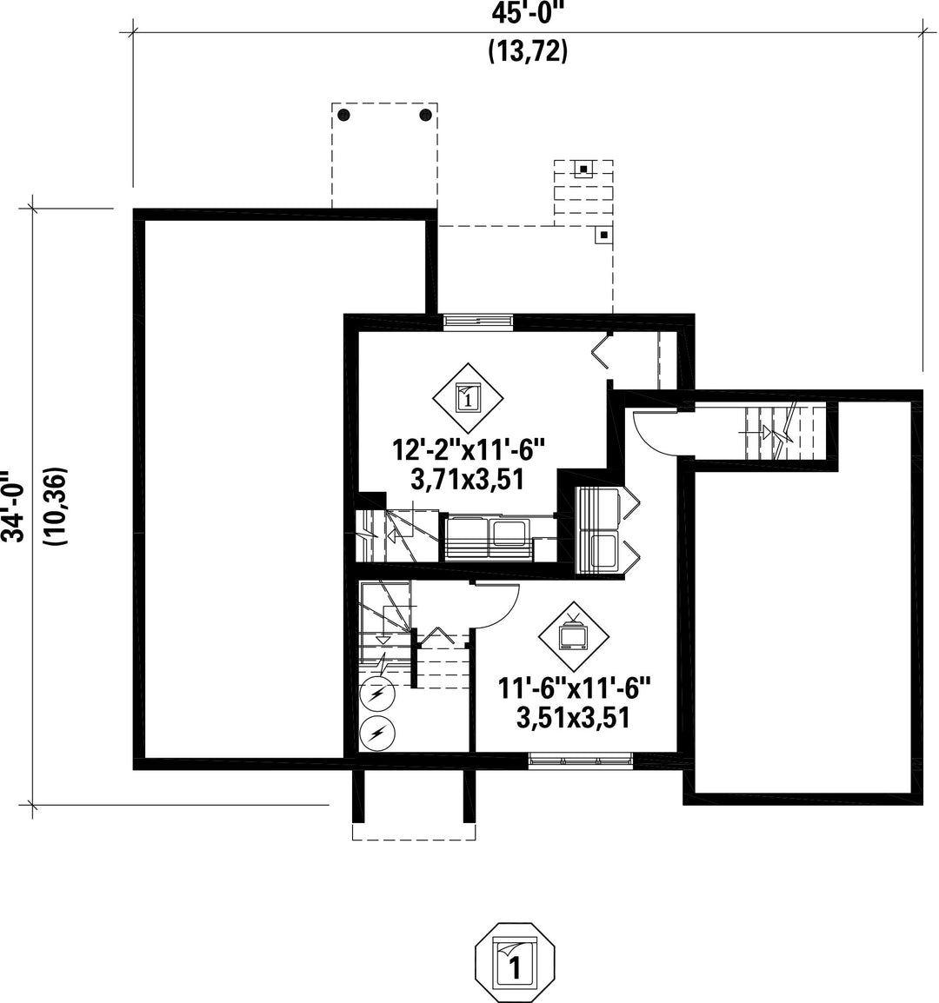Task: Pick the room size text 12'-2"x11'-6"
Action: click(467, 450)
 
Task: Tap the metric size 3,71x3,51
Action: click(467, 479)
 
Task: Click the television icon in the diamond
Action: click(573, 636)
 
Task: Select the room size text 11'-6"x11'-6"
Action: click(574, 689)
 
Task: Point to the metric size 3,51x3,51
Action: click(573, 718)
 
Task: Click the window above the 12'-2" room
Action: click(478, 322)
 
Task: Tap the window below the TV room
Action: click(580, 761)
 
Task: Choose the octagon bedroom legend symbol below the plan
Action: click(516, 963)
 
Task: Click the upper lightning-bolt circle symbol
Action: click(377, 694)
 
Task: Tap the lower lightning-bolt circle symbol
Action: click(377, 734)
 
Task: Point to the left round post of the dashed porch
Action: click(343, 116)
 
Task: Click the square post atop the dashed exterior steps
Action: click(585, 168)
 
